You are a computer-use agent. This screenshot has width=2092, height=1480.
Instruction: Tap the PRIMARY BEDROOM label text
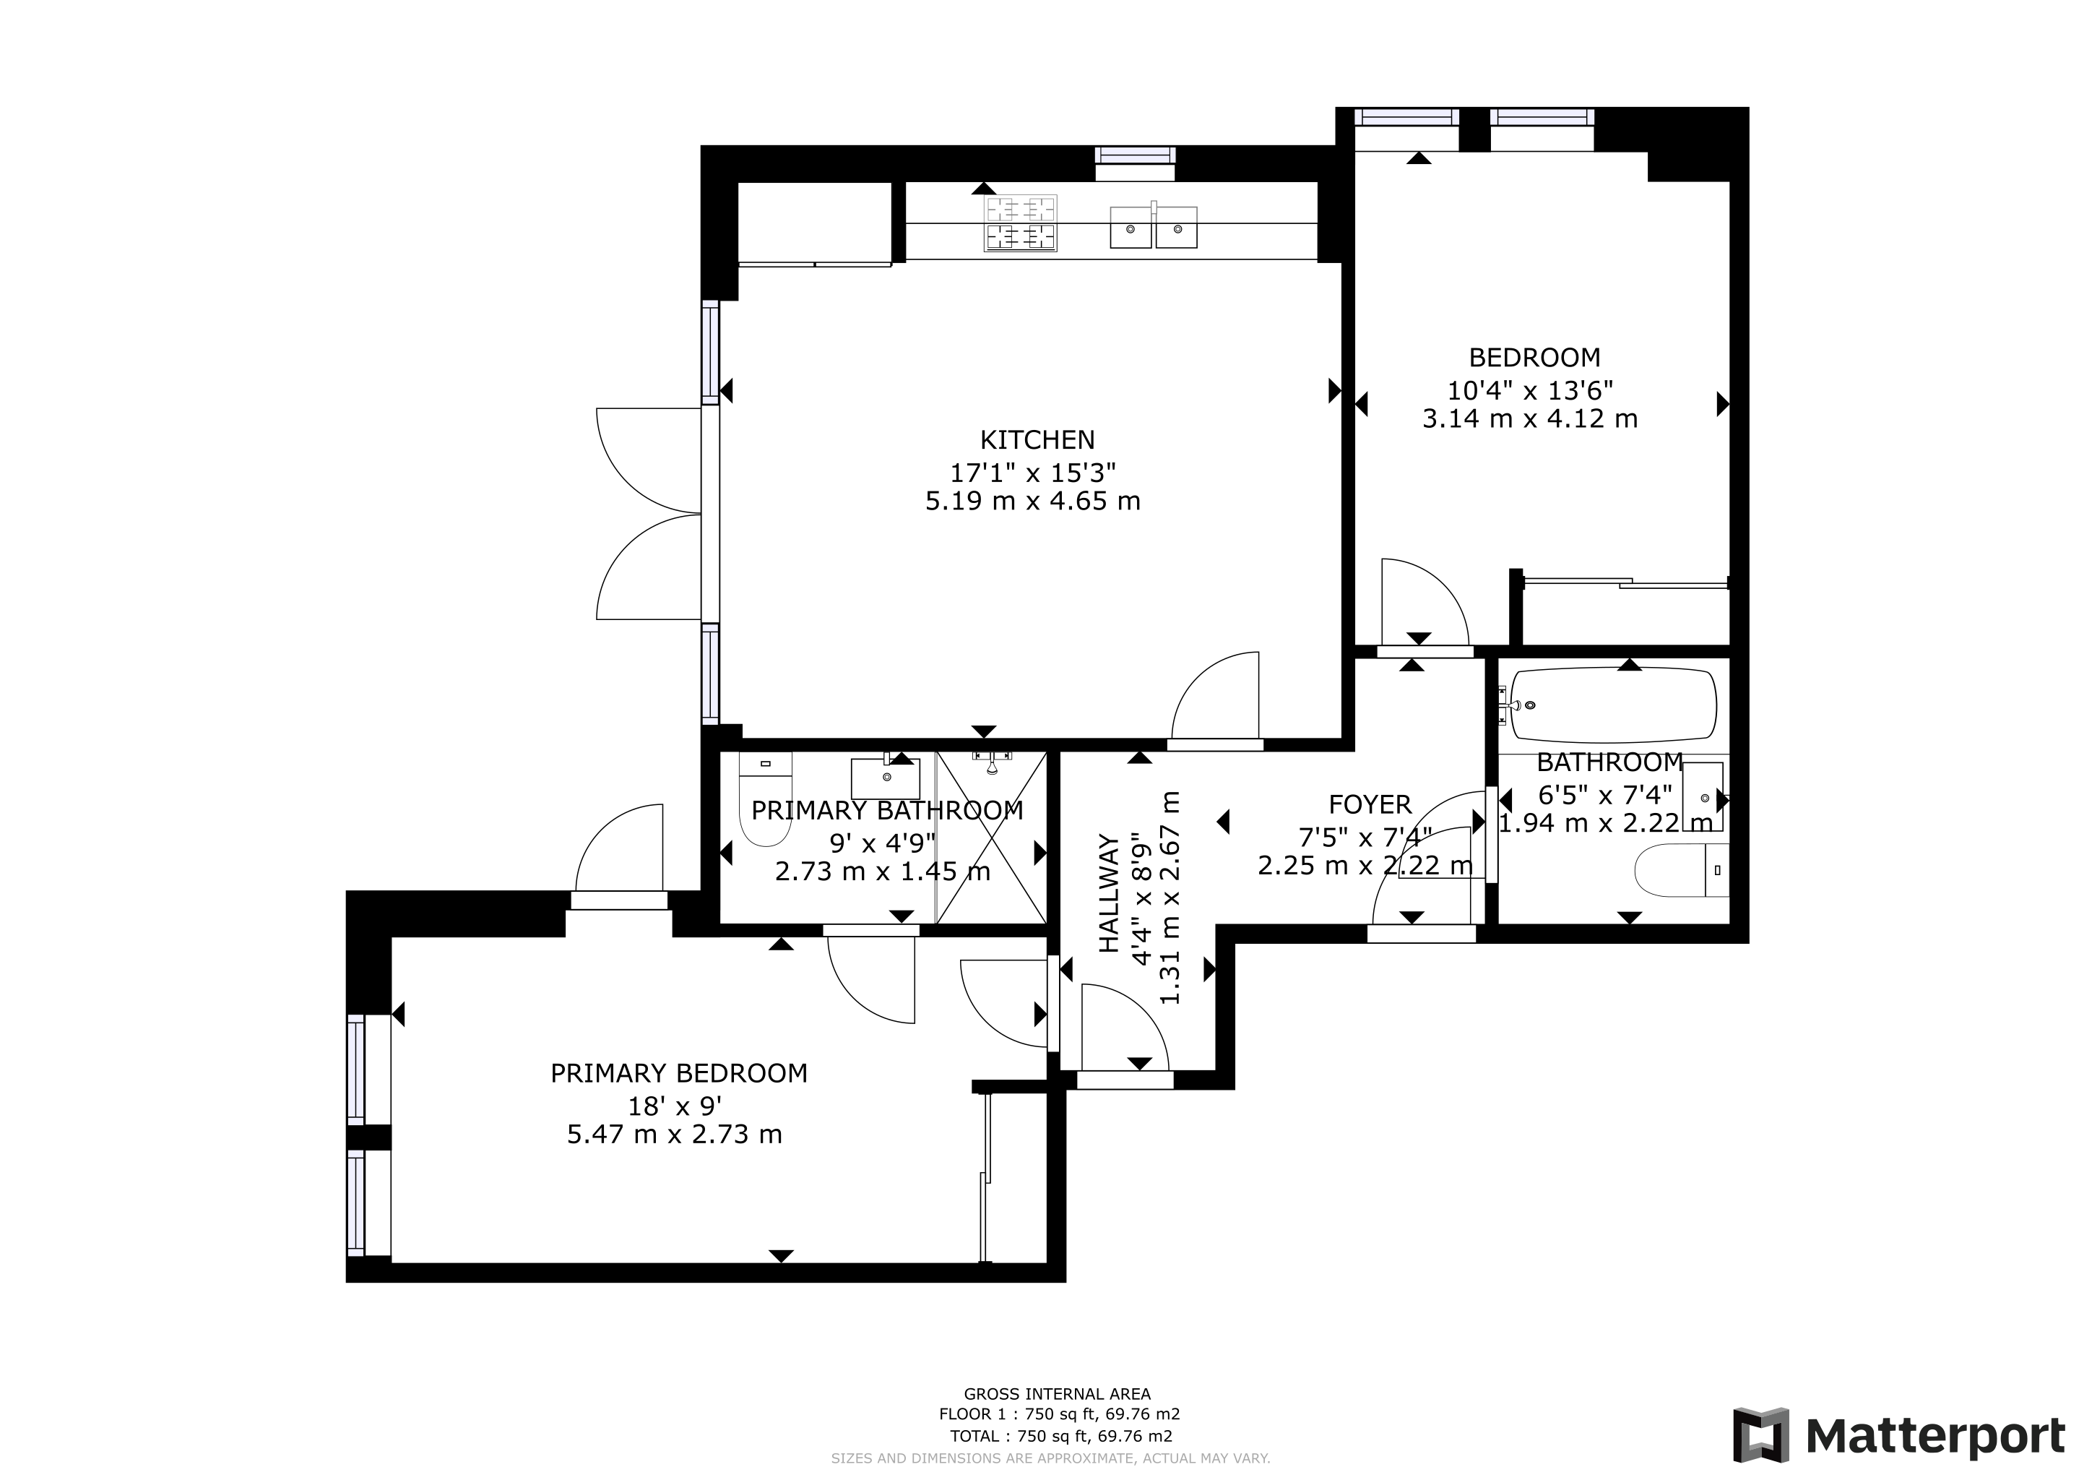pos(679,1074)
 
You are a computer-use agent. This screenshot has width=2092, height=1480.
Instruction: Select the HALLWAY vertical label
pos(1108,893)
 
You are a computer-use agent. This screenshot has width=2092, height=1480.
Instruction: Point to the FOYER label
pos(1370,805)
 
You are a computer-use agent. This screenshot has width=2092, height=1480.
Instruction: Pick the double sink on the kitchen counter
pos(1154,226)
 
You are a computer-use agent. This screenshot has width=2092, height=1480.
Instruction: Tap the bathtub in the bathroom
pos(1613,705)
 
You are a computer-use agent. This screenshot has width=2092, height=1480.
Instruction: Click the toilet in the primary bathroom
pos(766,799)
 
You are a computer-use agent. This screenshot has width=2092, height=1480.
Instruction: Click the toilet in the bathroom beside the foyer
pos(1682,869)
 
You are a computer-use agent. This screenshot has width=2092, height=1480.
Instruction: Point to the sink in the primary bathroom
pos(886,776)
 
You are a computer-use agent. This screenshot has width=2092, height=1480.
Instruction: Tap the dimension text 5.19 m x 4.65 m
pos(1033,502)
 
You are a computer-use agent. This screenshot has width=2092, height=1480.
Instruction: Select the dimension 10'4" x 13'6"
pos(1531,391)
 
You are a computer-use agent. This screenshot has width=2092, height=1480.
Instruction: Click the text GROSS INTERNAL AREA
pos(1057,1393)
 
